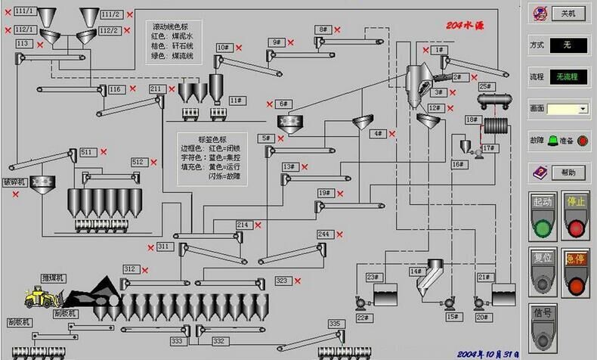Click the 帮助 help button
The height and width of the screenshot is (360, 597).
568,173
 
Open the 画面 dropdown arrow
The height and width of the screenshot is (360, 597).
583,109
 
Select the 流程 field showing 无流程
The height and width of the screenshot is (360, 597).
569,76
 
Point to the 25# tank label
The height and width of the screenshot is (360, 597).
485,86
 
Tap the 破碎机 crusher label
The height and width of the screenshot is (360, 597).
15,182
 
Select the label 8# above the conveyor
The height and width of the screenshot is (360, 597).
323,29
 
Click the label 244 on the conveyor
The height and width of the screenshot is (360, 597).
323,234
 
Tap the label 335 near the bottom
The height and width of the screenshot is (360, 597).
335,324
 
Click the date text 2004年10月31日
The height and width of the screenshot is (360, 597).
490,352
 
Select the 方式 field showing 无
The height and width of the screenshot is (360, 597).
568,45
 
